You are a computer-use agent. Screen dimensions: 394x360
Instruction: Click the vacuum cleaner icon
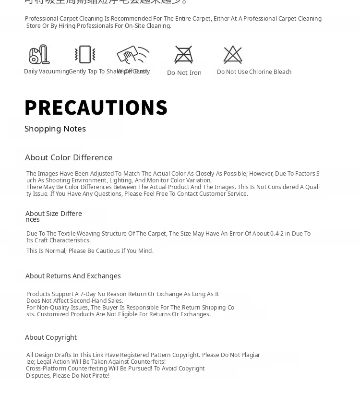pyautogui.click(x=39, y=54)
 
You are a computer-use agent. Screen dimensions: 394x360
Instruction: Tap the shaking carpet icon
pyautogui.click(x=85, y=54)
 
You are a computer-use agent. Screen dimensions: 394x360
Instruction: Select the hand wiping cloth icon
pyautogui.click(x=132, y=55)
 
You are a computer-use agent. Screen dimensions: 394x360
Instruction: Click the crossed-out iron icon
pyautogui.click(x=183, y=55)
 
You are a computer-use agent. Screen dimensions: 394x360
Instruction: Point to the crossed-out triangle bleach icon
pyautogui.click(x=233, y=55)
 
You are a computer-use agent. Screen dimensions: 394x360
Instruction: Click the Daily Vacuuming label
pyautogui.click(x=46, y=72)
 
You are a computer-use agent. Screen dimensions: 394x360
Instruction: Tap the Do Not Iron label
pyautogui.click(x=184, y=73)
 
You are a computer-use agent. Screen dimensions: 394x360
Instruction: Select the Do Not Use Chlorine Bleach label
pyautogui.click(x=254, y=72)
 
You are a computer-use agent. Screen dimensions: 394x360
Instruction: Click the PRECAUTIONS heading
pyautogui.click(x=96, y=107)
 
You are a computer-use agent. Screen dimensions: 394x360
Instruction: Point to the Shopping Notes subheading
pyautogui.click(x=55, y=129)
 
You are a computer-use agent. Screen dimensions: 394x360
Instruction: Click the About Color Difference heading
pyautogui.click(x=69, y=157)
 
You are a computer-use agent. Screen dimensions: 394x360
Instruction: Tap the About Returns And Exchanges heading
pyautogui.click(x=73, y=276)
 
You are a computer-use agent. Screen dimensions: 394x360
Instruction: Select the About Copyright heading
pyautogui.click(x=51, y=337)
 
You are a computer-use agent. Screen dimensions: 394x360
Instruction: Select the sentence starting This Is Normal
pyautogui.click(x=90, y=251)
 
